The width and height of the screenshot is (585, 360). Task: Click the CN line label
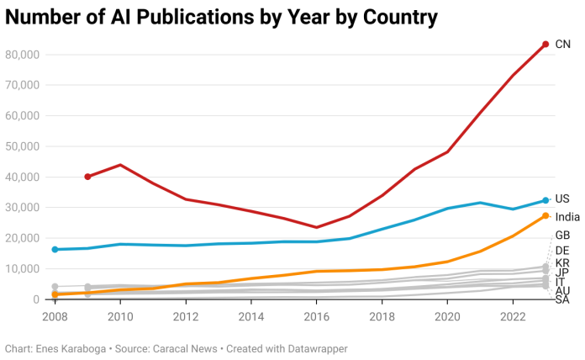click(562, 44)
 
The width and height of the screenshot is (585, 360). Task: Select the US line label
click(562, 199)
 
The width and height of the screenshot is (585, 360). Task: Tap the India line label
click(567, 217)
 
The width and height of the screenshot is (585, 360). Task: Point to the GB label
click(563, 236)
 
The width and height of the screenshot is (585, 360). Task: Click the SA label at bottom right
click(563, 300)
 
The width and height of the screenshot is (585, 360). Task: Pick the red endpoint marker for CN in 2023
click(545, 45)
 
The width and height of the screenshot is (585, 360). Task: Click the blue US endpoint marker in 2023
click(545, 200)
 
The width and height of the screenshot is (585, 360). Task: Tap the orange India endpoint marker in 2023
click(545, 216)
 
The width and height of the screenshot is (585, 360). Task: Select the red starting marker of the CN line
click(87, 177)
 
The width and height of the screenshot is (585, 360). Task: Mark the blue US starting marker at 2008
click(55, 250)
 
